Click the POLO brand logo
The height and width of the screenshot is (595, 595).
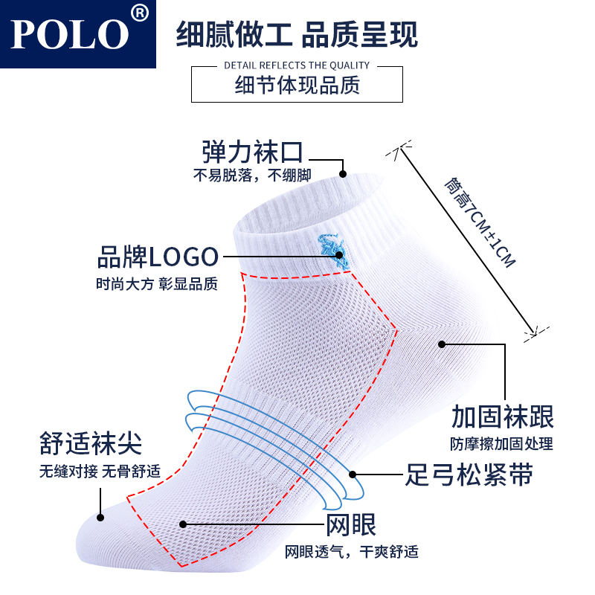click(70, 33)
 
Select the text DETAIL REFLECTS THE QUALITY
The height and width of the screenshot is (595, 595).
click(297, 65)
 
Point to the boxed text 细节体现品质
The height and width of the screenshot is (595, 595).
click(297, 85)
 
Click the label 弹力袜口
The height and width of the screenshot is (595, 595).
click(253, 152)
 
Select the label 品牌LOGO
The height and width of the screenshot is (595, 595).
click(158, 257)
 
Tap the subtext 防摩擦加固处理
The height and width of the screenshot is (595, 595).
click(501, 444)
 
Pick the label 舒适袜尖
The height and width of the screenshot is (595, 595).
click(90, 444)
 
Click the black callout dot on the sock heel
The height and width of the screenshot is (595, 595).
click(441, 344)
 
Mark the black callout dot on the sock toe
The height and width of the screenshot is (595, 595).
click(100, 515)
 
